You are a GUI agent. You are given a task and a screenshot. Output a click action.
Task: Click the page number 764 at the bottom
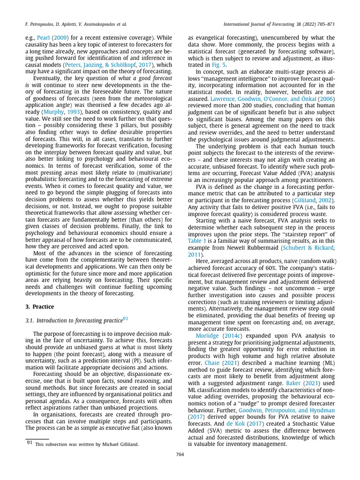pos(180,454)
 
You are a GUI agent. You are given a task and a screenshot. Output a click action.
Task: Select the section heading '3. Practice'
pos(39,307)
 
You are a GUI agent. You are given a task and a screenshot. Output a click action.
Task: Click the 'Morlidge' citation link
pos(209,336)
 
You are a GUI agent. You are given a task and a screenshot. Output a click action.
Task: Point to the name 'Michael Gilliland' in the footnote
pos(121,445)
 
